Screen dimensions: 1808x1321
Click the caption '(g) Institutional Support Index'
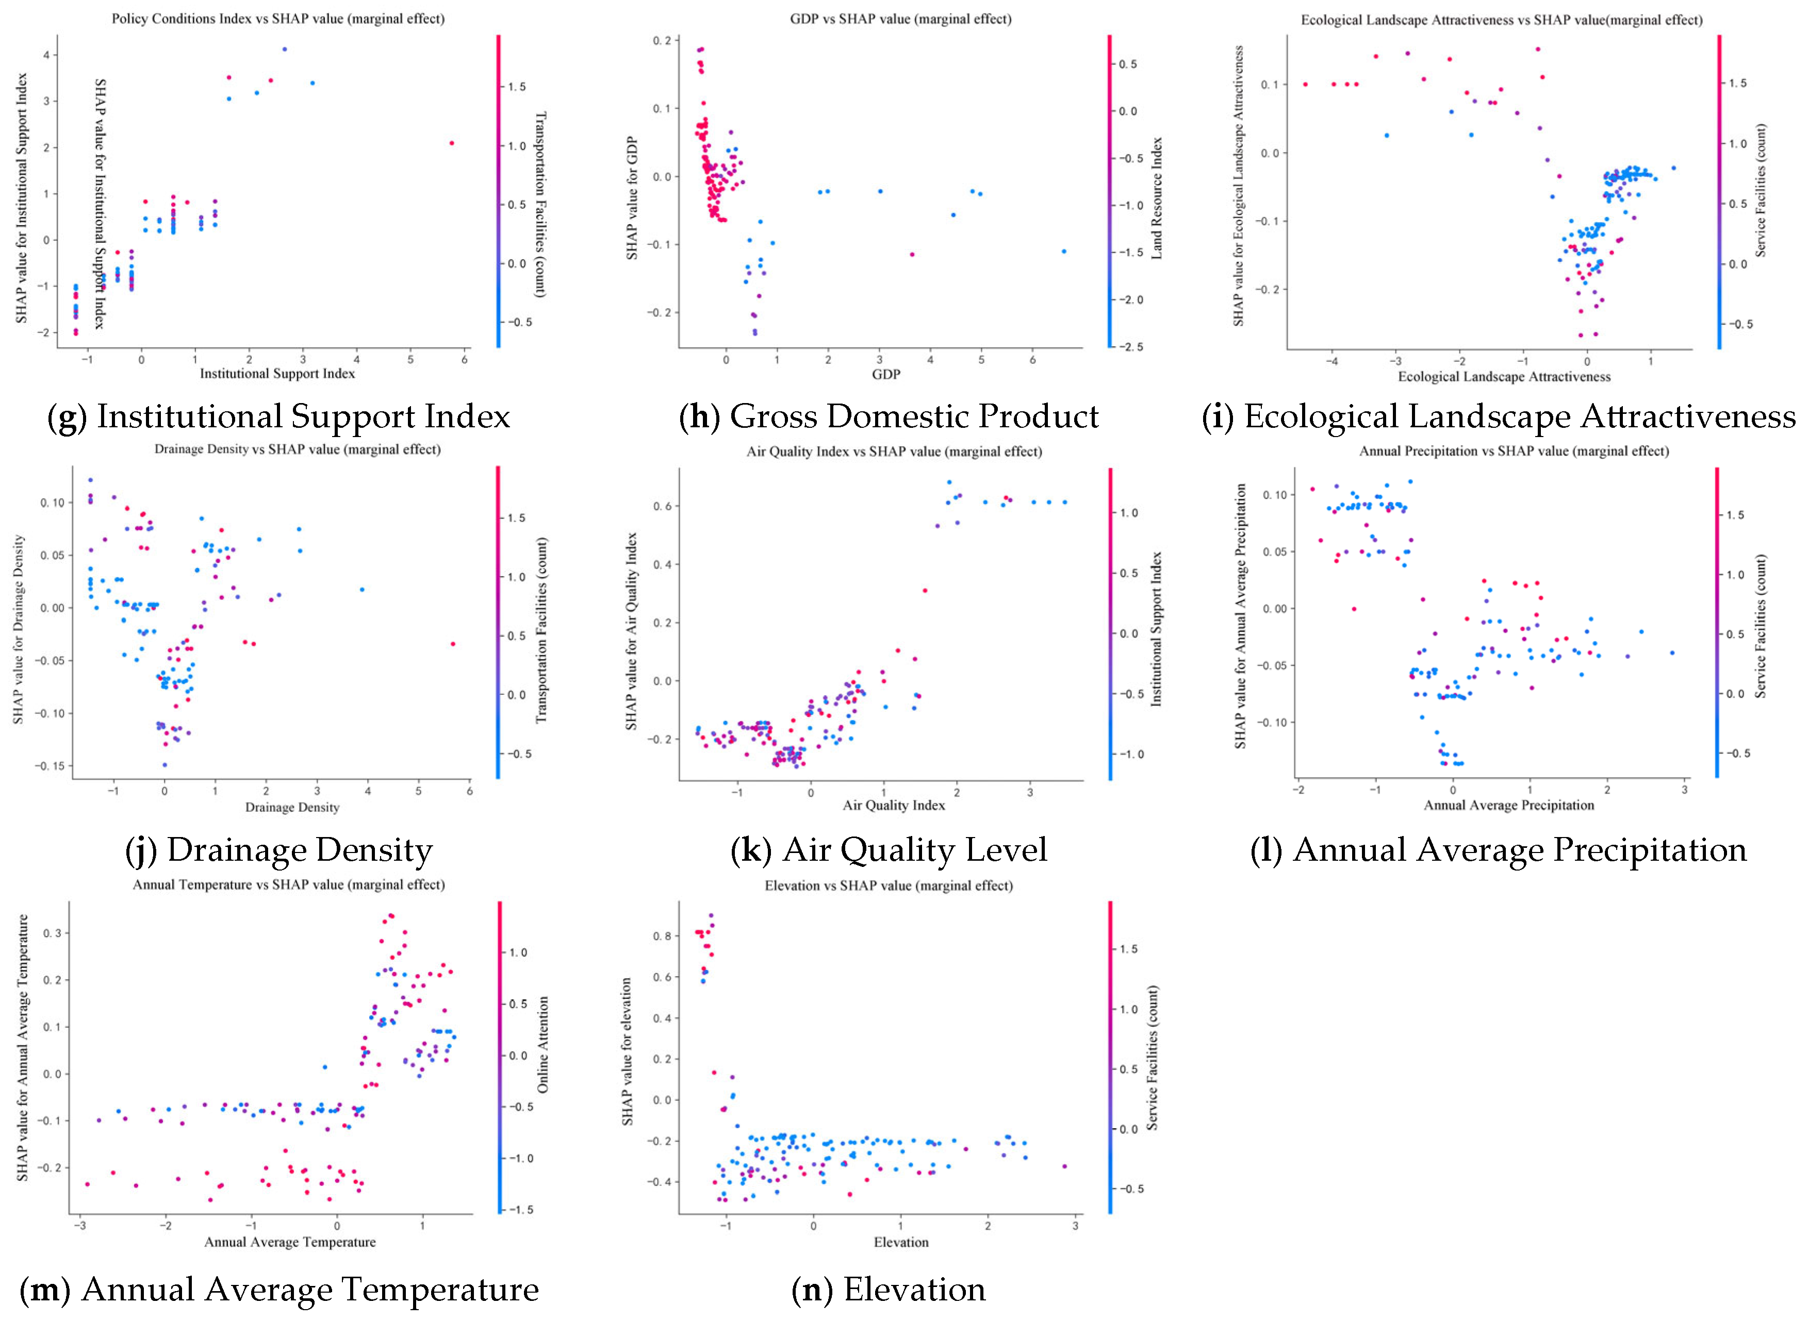coord(278,416)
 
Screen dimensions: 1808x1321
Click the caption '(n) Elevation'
coord(888,1290)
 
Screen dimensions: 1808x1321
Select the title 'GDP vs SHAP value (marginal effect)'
coord(901,19)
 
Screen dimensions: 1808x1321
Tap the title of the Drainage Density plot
coord(298,449)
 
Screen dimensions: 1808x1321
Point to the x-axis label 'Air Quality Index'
coord(894,805)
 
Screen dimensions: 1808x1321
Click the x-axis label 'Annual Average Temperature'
coord(290,1242)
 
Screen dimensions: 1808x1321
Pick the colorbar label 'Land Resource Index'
coord(1156,197)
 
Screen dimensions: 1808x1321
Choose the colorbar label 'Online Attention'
coord(543,1044)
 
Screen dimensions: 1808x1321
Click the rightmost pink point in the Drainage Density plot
coord(453,644)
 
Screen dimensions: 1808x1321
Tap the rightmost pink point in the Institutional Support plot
coord(452,143)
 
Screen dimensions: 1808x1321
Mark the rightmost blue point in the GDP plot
coord(1064,251)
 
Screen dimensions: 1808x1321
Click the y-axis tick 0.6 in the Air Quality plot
coord(662,506)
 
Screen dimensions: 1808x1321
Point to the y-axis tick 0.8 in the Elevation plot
coord(662,935)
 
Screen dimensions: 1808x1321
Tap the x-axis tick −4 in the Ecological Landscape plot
coord(1331,361)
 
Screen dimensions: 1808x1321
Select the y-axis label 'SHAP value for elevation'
coord(627,1051)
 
